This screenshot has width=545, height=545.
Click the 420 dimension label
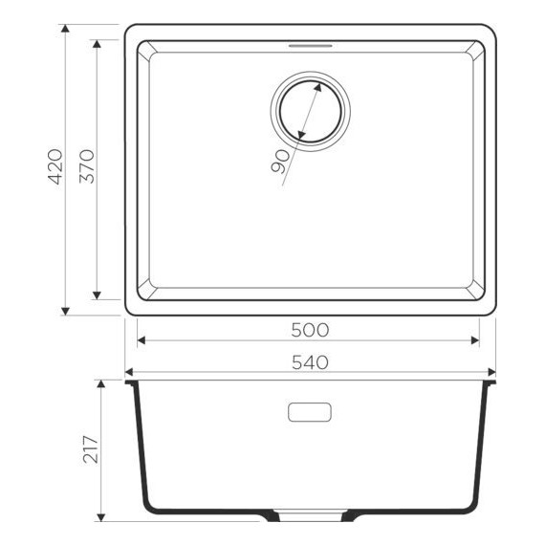(55, 167)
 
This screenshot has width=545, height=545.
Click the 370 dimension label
(85, 167)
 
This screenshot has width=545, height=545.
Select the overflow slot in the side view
(310, 412)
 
